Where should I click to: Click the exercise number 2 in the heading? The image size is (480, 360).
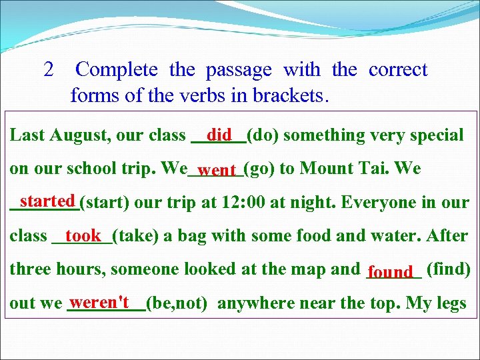(x=48, y=70)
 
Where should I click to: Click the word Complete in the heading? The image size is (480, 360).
(x=117, y=70)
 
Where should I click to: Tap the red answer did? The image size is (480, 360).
(x=219, y=135)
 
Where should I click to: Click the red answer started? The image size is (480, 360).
(x=47, y=201)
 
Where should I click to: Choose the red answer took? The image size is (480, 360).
(x=83, y=235)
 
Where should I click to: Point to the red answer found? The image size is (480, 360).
(x=391, y=272)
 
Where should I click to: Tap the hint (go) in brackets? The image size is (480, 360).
(x=259, y=169)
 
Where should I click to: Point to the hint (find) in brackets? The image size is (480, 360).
(x=447, y=269)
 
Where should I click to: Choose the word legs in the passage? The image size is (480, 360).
(x=450, y=304)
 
